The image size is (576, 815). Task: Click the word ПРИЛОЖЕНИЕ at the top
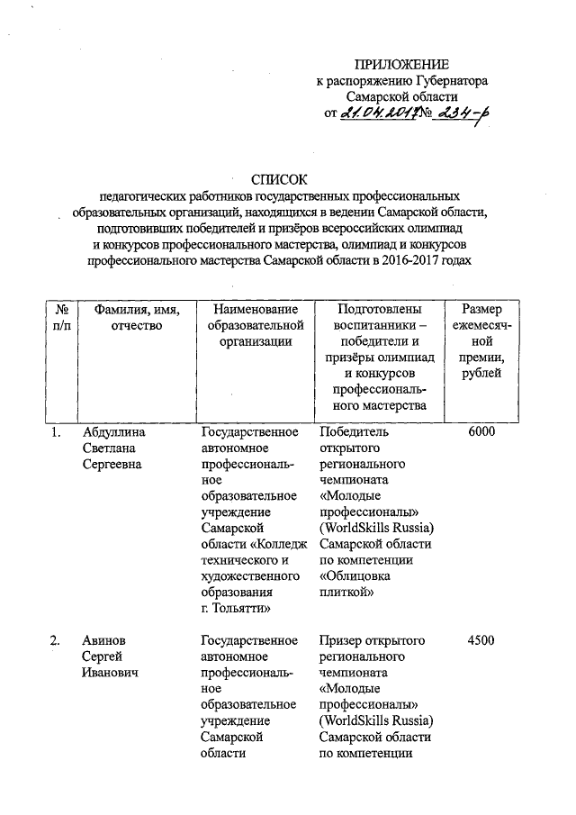[x=401, y=64]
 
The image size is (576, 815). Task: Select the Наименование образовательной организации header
[x=247, y=325]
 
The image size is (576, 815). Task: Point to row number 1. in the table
[x=56, y=432]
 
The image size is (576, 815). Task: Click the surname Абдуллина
[x=113, y=432]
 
